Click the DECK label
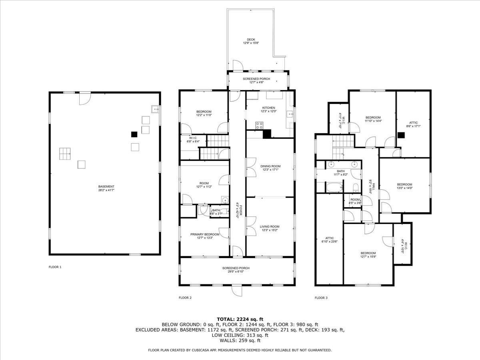(x=251, y=39)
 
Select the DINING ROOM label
(x=270, y=166)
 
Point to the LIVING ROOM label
(x=269, y=226)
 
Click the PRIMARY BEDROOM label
(x=204, y=234)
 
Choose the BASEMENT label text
(x=106, y=186)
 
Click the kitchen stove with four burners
(x=259, y=125)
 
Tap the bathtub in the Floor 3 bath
(x=334, y=187)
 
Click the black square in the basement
(x=135, y=134)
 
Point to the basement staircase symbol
(x=65, y=153)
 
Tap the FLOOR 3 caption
(x=321, y=298)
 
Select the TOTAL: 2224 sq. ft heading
(x=240, y=319)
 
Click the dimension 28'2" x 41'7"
(x=106, y=190)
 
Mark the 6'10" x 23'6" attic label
(x=330, y=242)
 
